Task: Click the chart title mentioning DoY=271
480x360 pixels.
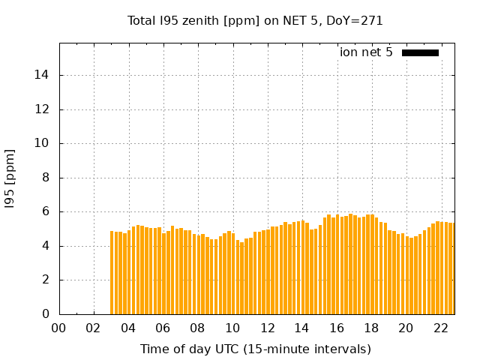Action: coord(255,21)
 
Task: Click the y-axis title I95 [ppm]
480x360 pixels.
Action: coord(10,178)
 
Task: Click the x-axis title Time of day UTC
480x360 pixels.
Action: coord(255,349)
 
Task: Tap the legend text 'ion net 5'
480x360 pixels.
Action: coord(366,52)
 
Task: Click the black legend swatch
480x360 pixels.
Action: coord(420,52)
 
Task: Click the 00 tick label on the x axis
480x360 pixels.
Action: coord(59,328)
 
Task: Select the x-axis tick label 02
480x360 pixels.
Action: coord(94,328)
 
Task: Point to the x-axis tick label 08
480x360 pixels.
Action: coord(198,328)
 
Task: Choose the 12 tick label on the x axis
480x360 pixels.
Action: coord(267,328)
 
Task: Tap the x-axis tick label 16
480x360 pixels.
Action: coord(337,328)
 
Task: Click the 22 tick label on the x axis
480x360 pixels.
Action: coord(440,328)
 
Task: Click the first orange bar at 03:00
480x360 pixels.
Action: coord(112,273)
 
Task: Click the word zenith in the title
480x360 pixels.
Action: coord(198,21)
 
